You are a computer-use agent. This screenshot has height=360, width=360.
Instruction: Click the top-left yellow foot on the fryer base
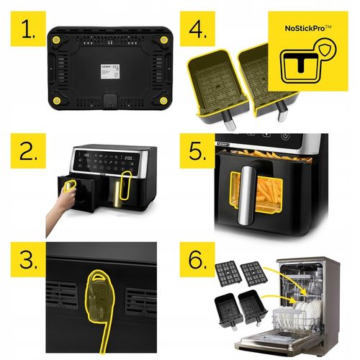55,34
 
